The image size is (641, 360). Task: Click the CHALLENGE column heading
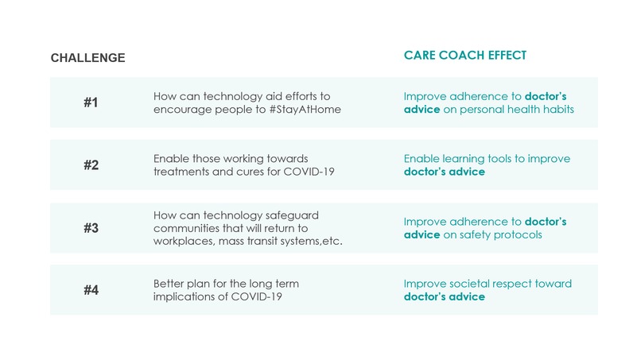click(87, 58)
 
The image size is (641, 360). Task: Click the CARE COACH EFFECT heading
click(465, 56)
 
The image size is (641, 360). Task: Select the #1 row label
click(91, 103)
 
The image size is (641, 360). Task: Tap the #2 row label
click(91, 165)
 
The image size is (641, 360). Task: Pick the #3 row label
click(91, 228)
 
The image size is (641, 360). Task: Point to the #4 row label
click(91, 290)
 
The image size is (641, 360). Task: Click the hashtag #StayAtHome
click(304, 110)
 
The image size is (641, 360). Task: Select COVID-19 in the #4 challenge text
click(255, 297)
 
